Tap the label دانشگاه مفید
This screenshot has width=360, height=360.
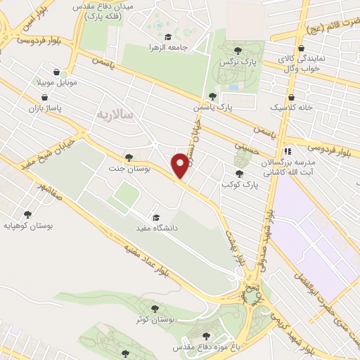(x=155, y=229)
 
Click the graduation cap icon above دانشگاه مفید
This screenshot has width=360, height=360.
(x=155, y=217)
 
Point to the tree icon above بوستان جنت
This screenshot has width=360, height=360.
(x=127, y=157)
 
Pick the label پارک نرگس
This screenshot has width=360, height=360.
(x=238, y=61)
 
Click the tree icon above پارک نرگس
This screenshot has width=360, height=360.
(x=238, y=50)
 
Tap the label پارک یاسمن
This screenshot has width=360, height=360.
(x=212, y=108)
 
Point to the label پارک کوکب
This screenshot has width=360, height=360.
(x=240, y=184)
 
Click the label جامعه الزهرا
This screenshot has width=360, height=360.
(x=167, y=47)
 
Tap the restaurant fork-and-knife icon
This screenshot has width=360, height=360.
(x=286, y=151)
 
